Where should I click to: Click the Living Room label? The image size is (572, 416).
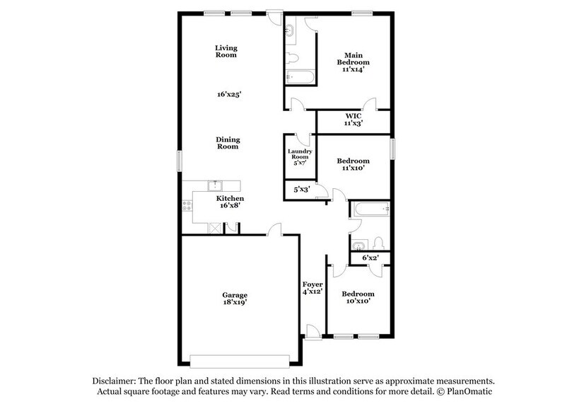pos(226,52)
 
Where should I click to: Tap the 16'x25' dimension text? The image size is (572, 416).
pos(227,93)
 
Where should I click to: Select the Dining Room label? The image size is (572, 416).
pos(227,143)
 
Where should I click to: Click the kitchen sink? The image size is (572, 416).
pos(214,185)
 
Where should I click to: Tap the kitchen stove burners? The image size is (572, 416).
pos(187,207)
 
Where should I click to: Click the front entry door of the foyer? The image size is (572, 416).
pos(312,330)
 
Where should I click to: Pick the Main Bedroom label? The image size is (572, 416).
pos(354,62)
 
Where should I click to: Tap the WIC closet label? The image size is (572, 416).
pos(354,119)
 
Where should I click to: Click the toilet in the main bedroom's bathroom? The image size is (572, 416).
pos(293,57)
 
